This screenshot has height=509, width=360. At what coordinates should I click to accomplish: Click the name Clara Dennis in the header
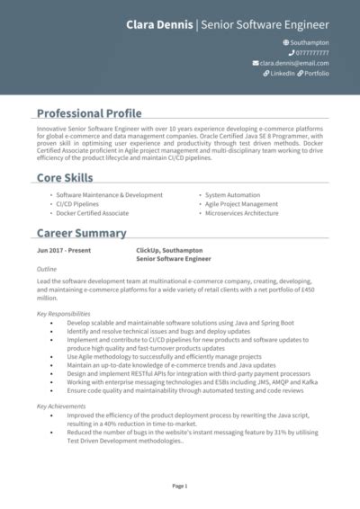pos(158,23)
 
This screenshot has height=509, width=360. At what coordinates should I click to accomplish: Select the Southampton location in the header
pos(310,42)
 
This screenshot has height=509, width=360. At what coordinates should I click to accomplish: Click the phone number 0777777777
pos(311,53)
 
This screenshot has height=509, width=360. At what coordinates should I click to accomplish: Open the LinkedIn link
pos(280,74)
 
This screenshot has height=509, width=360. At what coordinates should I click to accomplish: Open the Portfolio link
pos(316,74)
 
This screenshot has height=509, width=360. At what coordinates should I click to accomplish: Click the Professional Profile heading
pos(89,113)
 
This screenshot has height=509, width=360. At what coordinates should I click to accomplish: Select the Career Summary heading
pos(81,233)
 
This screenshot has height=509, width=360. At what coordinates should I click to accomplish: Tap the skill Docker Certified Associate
pos(93,213)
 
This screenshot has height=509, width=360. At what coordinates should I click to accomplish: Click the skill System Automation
pos(232,194)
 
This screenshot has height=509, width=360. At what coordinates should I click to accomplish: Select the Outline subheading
pos(47,269)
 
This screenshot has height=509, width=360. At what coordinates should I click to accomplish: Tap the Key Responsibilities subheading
pos(64,314)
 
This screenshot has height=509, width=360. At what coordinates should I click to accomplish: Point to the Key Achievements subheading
pos(60,406)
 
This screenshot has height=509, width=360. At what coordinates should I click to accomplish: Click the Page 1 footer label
pos(180,486)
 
